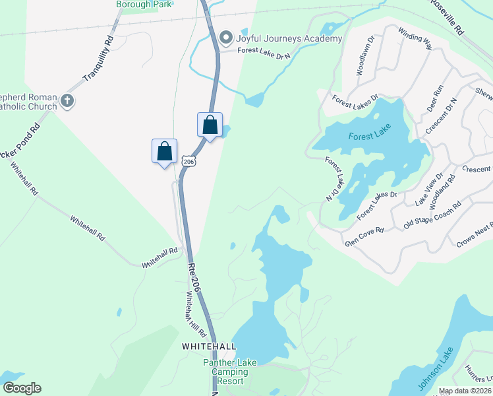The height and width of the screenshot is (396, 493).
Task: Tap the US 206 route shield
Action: pyautogui.click(x=189, y=162)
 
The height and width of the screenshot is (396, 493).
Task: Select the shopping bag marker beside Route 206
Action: pyautogui.click(x=210, y=125)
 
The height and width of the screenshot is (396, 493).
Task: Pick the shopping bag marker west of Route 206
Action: pyautogui.click(x=164, y=151)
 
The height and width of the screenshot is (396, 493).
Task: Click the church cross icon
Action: pyautogui.click(x=66, y=101)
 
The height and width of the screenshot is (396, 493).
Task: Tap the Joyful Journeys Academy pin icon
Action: pyautogui.click(x=227, y=37)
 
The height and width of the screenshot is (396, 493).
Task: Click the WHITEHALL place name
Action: pyautogui.click(x=208, y=346)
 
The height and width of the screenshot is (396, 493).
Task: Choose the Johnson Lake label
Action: pyautogui.click(x=436, y=368)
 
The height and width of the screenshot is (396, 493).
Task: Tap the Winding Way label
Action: pyautogui.click(x=415, y=39)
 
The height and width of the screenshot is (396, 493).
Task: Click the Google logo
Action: pyautogui.click(x=22, y=388)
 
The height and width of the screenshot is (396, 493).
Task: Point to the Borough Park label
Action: pyautogui.click(x=144, y=4)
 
